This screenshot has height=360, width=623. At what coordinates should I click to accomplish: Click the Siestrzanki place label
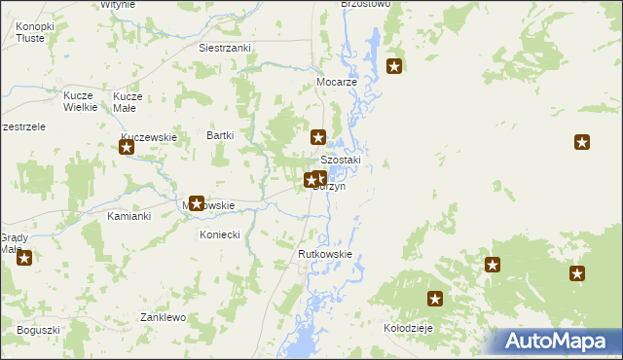225,48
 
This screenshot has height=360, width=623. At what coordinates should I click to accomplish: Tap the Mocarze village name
338,83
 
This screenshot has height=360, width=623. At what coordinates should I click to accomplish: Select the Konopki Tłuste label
35,33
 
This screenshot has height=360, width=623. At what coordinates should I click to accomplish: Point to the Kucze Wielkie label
79,102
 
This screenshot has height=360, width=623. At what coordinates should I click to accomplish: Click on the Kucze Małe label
128,102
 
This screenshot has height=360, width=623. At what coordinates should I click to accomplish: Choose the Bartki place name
220,136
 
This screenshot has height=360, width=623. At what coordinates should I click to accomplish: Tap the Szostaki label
341,161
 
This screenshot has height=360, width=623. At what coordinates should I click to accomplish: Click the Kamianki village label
128,216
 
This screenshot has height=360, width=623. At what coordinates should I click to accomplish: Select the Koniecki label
219,234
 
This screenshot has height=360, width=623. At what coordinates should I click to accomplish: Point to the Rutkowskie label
324,255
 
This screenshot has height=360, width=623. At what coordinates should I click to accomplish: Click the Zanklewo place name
162,317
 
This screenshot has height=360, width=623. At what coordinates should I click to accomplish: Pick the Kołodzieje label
408,329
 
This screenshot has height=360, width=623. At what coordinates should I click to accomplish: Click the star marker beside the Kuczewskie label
127,148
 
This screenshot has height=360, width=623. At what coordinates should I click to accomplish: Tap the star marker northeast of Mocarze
394,66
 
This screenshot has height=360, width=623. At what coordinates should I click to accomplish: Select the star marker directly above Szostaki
317,138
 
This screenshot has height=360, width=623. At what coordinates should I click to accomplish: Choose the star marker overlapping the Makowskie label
196,203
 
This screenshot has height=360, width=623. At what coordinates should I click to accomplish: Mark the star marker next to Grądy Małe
24,258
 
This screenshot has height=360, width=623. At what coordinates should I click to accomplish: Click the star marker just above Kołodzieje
435,300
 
